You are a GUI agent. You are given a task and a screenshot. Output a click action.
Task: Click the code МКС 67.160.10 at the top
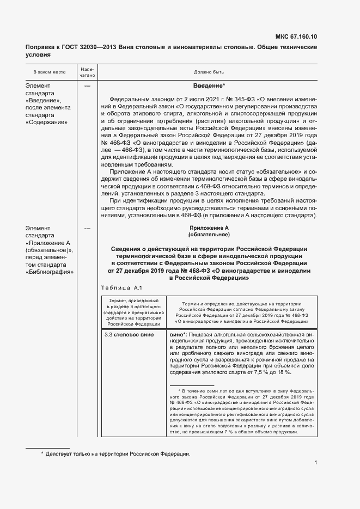296,37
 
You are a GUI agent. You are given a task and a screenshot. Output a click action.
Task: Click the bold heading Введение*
209,86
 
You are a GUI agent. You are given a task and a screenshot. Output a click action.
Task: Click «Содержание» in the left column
47,122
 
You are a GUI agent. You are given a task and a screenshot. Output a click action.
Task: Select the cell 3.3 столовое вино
130,334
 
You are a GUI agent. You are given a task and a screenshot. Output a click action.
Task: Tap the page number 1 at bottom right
315,462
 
